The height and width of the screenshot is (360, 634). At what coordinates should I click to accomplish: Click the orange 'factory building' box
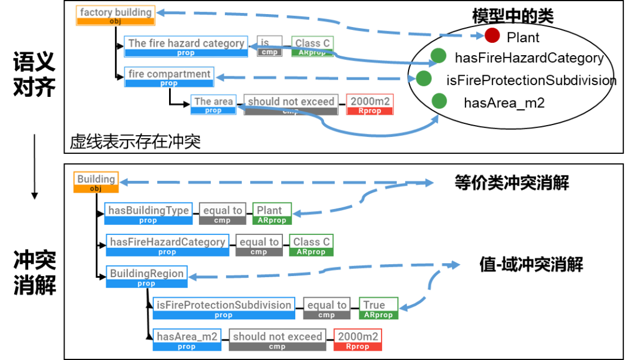click(116, 15)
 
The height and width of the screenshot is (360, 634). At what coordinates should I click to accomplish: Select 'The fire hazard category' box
click(186, 46)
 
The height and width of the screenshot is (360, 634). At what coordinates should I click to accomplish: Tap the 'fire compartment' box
click(169, 77)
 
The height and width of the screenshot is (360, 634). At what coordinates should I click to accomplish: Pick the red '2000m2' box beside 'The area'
click(370, 104)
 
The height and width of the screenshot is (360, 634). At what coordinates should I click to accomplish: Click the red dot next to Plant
click(492, 36)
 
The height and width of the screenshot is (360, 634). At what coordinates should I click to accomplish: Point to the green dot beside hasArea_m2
click(439, 102)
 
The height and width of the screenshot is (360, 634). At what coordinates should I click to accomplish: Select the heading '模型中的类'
click(512, 16)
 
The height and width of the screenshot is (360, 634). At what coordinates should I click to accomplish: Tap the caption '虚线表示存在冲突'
click(135, 142)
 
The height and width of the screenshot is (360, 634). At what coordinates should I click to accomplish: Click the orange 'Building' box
click(96, 182)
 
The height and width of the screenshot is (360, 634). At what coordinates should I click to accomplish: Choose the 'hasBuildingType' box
click(149, 213)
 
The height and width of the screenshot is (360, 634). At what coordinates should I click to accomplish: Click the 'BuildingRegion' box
click(147, 277)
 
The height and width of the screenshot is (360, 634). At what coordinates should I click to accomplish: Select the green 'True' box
click(378, 308)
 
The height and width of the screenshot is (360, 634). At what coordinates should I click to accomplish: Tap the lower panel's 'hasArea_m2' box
click(187, 339)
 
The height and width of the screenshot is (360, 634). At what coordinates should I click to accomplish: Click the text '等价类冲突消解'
click(512, 183)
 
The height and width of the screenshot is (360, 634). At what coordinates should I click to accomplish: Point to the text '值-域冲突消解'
click(531, 265)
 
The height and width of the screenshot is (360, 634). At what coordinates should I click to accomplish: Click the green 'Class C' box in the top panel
click(312, 46)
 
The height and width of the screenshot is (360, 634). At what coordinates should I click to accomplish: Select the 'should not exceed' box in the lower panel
click(277, 339)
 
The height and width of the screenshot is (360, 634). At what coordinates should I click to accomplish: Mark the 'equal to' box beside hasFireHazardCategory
click(259, 245)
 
